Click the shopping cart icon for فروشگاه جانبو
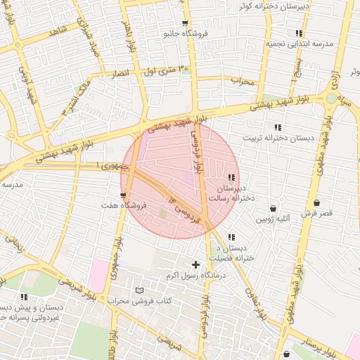coord(185,23)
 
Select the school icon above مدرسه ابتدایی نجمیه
coord(300,33)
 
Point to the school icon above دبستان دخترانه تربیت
coord(278,127)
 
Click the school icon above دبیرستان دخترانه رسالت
coord(231,177)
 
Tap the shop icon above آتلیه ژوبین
coord(273,209)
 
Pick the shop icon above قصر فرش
coord(316,202)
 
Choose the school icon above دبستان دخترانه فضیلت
coord(231,237)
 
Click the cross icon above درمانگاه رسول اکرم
coord(195,264)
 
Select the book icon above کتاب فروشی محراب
coord(139,290)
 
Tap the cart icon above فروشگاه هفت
coord(124,195)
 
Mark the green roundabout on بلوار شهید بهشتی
coord(330,98)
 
